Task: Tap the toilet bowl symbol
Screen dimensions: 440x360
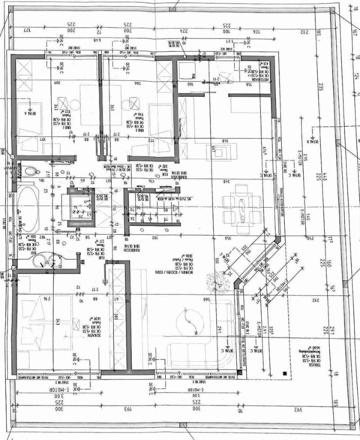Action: point(31,172)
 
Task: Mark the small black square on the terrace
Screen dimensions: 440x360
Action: point(284,372)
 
